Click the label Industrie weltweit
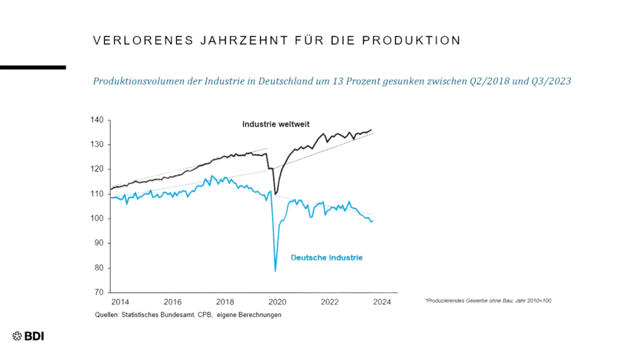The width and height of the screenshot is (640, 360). pyautogui.click(x=276, y=124)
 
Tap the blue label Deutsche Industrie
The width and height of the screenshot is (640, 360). pyautogui.click(x=326, y=258)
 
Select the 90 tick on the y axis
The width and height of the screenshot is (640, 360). pyautogui.click(x=98, y=243)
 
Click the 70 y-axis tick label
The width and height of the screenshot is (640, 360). pyautogui.click(x=98, y=292)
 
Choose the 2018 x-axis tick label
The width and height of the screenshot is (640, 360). pyautogui.click(x=226, y=302)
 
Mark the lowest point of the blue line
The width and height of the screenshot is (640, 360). pyautogui.click(x=275, y=271)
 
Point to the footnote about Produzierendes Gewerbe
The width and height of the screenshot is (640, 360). pyautogui.click(x=488, y=301)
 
